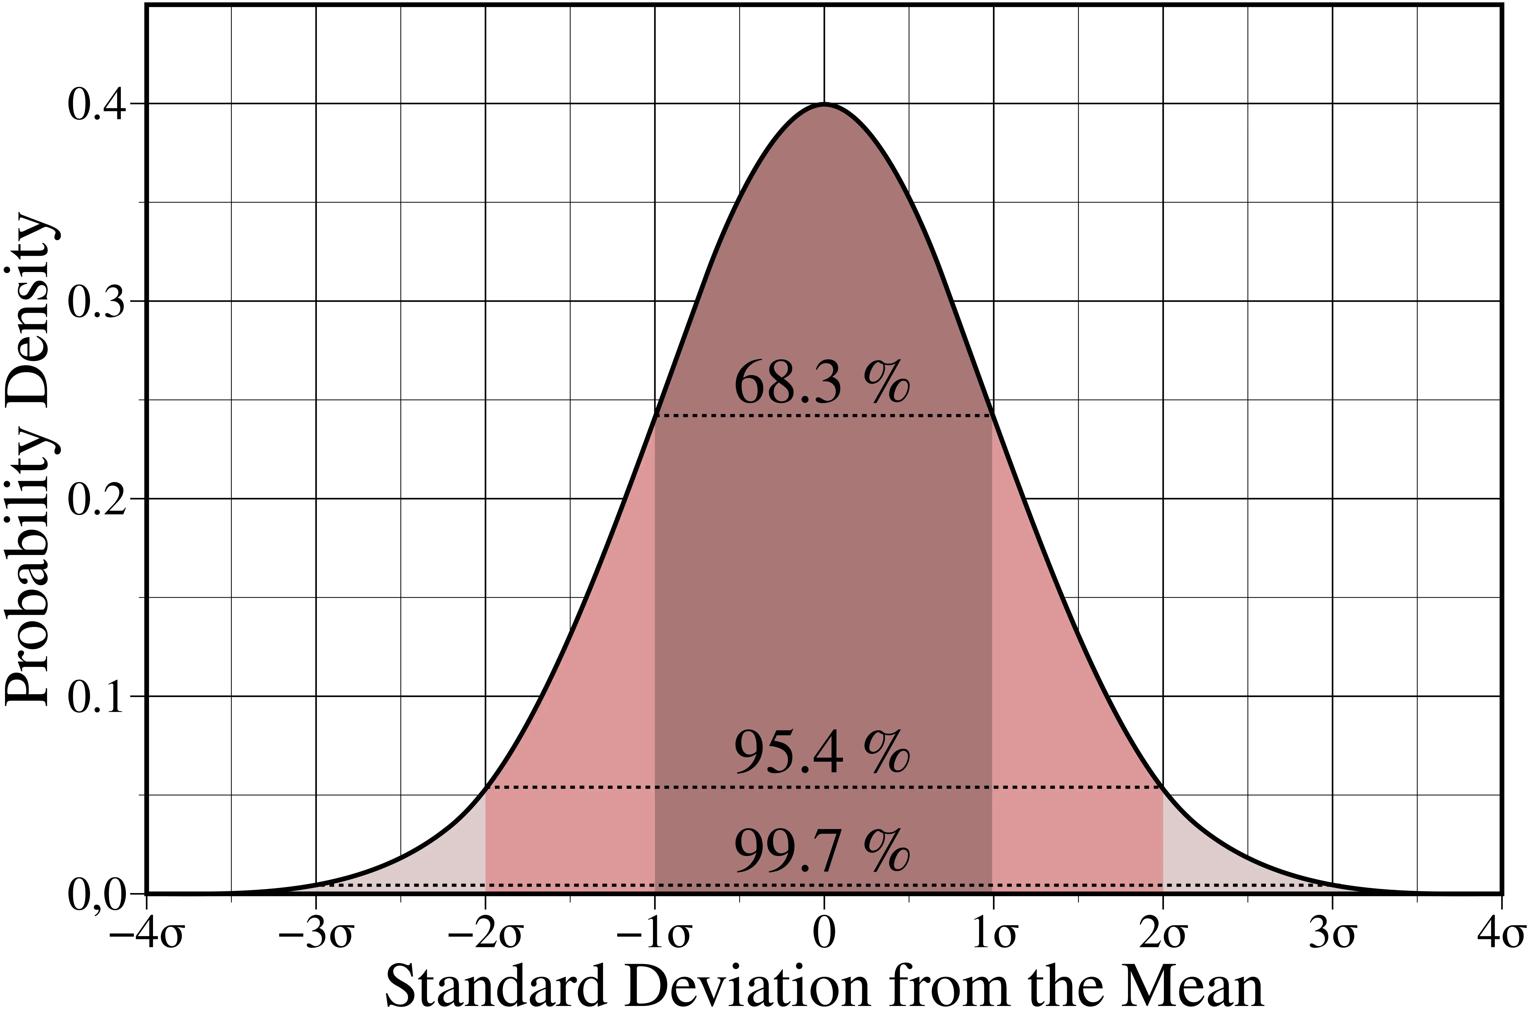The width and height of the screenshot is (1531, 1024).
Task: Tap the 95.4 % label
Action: pyautogui.click(x=822, y=753)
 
